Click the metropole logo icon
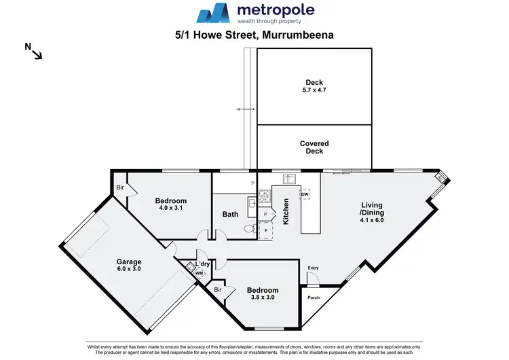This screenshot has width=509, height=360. tap(213, 14)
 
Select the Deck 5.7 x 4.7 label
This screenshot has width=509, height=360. tap(314, 86)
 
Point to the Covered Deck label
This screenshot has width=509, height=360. tap(314, 147)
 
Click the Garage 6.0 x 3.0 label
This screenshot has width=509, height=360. tap(128, 266)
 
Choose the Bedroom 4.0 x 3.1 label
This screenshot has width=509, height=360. tap(170, 204)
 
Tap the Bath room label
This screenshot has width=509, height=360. tap(230, 215)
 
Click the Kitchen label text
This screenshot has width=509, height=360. tap(286, 212)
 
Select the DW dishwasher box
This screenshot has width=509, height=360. tap(305, 195)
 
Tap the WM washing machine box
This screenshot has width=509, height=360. tap(199, 273)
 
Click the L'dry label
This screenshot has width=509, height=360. tap(202, 264)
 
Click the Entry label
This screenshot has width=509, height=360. tap(312, 268)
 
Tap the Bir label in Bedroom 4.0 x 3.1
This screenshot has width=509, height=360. tap(119, 187)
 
